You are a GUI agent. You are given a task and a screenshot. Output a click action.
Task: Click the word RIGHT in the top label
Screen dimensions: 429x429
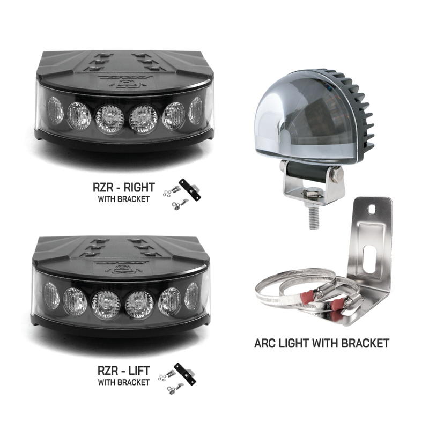(x=139, y=187)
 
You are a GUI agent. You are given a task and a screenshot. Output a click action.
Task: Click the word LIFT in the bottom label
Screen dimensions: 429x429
(x=138, y=371)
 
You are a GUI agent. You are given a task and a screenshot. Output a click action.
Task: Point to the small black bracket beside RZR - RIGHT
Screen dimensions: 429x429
(x=191, y=190)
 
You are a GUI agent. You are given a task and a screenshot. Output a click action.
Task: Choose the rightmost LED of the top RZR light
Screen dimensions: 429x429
(x=196, y=110)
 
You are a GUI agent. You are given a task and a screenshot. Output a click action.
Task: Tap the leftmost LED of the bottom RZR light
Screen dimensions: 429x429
(x=50, y=294)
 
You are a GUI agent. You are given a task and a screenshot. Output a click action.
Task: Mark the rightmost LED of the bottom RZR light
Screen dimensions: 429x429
(x=191, y=295)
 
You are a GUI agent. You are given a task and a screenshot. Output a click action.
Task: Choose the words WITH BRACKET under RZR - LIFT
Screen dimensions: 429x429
(x=123, y=382)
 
